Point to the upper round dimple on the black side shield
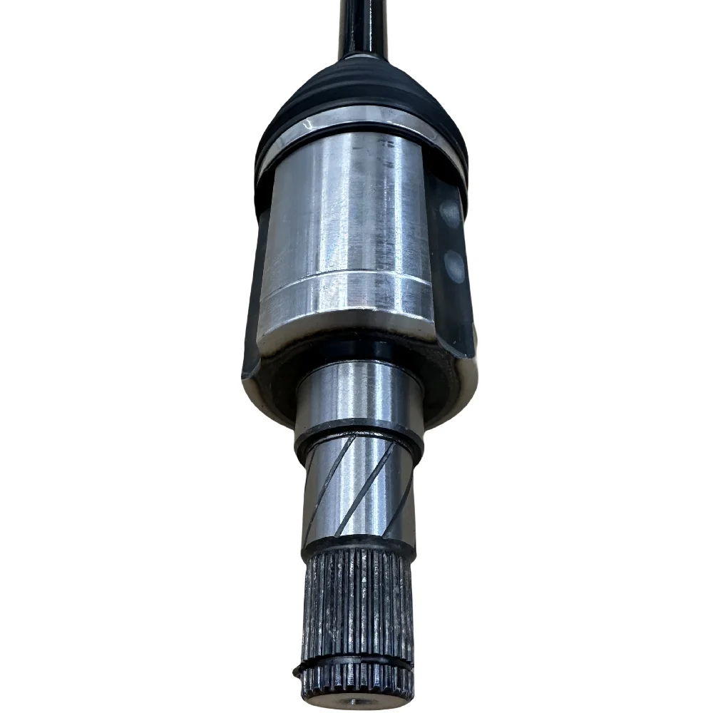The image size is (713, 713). (450, 212)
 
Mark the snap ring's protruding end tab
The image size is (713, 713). (297, 672)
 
